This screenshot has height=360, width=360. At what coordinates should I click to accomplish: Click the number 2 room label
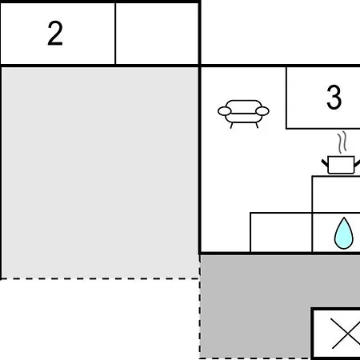(55, 33)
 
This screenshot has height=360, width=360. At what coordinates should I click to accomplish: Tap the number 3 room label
(334, 97)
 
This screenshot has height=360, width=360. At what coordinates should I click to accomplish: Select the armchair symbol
(243, 114)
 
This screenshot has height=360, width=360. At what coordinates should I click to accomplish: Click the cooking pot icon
(341, 165)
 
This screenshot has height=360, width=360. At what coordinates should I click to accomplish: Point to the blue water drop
(344, 234)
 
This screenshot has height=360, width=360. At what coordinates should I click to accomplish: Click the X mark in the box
(346, 334)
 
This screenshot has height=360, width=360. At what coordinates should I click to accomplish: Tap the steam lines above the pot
(342, 142)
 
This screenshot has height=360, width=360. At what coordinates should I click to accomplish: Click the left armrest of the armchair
(225, 111)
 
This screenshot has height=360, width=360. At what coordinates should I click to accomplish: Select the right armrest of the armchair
(262, 111)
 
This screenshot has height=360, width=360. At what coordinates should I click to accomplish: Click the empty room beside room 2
(157, 34)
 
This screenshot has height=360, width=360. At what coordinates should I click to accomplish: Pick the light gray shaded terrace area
(100, 173)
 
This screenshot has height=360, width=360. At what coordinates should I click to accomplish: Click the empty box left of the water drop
(281, 232)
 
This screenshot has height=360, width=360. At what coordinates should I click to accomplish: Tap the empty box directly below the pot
(336, 194)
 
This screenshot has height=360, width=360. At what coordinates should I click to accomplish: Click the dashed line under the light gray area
(99, 278)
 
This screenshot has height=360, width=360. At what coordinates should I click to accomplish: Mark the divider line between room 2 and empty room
(115, 34)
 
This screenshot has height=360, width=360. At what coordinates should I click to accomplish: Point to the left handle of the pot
(325, 162)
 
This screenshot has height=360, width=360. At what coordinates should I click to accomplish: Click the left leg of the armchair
(231, 126)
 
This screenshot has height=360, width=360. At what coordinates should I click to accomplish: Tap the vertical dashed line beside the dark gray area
(200, 306)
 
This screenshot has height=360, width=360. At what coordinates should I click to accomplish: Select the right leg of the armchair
(257, 126)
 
